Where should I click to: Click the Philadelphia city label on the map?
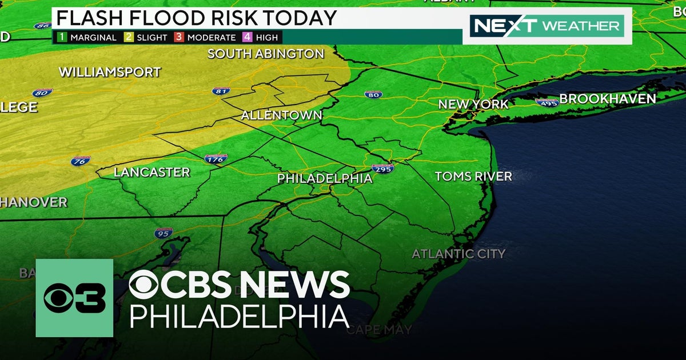tap(325, 179)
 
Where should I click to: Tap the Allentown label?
tap(281, 115)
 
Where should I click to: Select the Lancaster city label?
tap(151, 172)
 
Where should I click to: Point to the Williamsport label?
tap(110, 73)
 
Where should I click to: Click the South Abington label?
tap(266, 54)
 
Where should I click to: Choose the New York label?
tap(473, 105)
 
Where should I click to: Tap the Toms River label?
tap(473, 177)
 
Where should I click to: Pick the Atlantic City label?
tap(458, 254)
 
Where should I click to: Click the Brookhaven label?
tap(607, 99)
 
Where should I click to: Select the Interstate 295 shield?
tap(382, 169)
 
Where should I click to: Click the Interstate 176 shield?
tap(216, 159)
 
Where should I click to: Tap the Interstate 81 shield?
tap(221, 91)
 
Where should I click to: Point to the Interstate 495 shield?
tap(547, 102)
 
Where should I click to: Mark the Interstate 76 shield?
tap(81, 161)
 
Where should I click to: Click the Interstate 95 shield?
tap(163, 233)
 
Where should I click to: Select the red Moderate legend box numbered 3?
tap(178, 38)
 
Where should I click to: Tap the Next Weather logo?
tap(547, 26)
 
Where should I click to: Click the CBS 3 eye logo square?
tap(74, 298)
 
